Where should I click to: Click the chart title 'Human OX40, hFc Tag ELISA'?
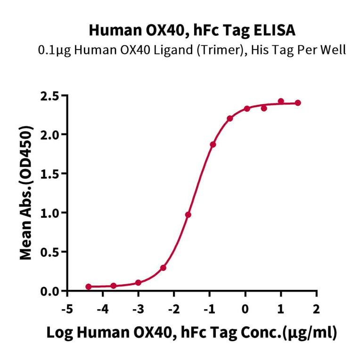click(192, 31)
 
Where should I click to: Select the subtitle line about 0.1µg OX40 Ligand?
click(192, 49)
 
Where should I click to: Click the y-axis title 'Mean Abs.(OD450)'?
click(26, 193)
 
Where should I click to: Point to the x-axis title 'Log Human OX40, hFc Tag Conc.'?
click(192, 333)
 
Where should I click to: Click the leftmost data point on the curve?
click(89, 286)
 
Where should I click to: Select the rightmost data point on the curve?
click(298, 103)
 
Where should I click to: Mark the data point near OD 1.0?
click(188, 215)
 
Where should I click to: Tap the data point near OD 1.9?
click(213, 145)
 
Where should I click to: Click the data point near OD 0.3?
click(163, 268)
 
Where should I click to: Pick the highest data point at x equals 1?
click(281, 101)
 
